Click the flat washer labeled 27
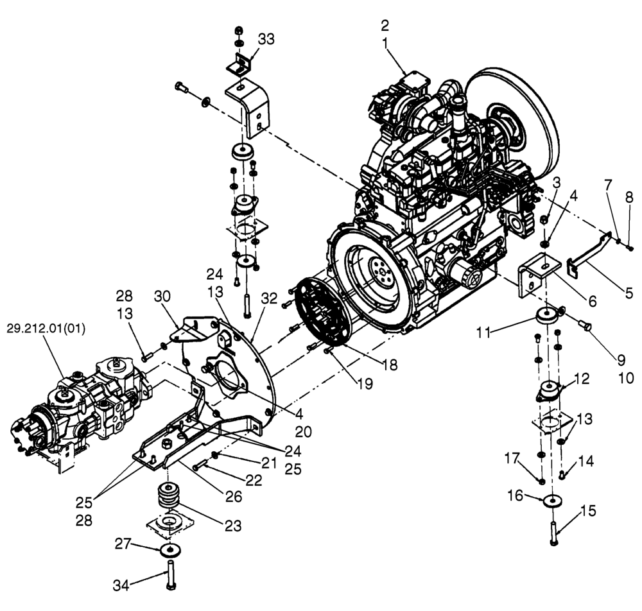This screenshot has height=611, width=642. [171, 550]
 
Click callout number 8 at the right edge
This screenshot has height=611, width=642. [629, 199]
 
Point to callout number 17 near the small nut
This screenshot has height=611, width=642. [511, 459]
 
